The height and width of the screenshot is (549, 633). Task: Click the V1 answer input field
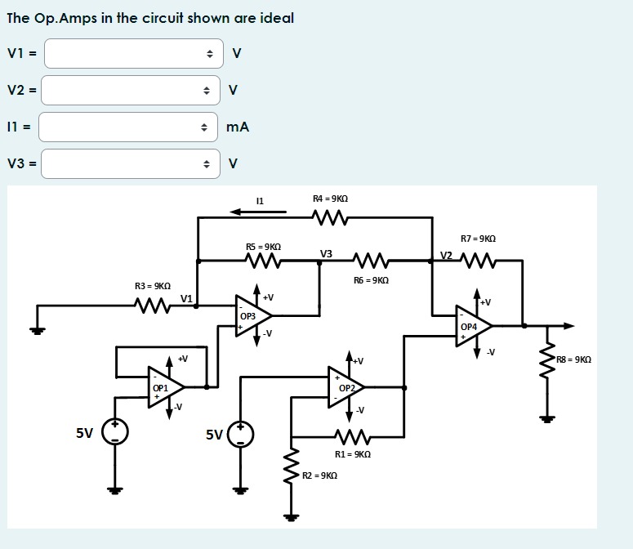click(x=131, y=54)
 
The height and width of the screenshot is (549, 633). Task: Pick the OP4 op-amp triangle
click(x=471, y=325)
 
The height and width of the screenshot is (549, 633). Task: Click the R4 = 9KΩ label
click(x=330, y=199)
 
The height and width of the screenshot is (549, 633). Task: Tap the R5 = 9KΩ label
click(x=263, y=246)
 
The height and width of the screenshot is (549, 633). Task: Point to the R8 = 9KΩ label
click(x=573, y=359)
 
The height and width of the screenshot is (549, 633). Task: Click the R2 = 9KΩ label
click(x=319, y=475)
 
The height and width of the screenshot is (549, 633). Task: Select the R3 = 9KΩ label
click(x=153, y=286)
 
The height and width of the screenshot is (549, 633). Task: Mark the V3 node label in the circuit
click(x=326, y=254)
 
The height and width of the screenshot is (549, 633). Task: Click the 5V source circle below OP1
click(x=115, y=431)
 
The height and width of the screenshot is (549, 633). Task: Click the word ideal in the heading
click(x=276, y=18)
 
